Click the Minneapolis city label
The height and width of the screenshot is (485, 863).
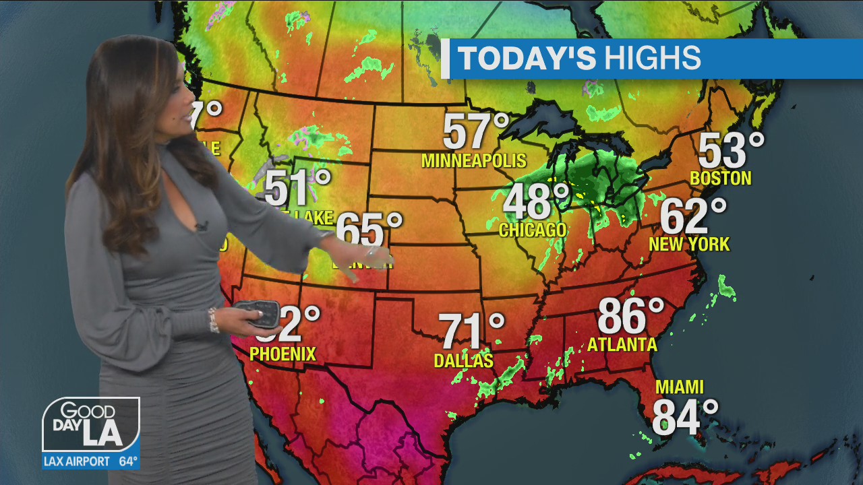coord(473,161)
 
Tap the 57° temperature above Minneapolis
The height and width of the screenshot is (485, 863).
coord(475,132)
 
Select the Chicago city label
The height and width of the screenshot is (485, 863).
coord(533,230)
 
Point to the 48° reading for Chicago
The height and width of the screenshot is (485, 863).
coord(537,201)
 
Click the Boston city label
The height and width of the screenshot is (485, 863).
coord(721,179)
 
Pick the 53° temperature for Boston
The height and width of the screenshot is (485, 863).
coord(731,150)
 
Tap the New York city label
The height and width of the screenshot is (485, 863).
coord(689,244)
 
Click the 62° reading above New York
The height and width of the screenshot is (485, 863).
coord(692,216)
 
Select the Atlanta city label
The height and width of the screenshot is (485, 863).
coord(622,345)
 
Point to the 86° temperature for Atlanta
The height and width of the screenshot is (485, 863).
coord(630,315)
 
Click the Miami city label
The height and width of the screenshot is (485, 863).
coord(680,387)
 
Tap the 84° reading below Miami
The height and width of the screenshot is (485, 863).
coord(684,417)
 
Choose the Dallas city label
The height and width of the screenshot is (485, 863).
coord(463,361)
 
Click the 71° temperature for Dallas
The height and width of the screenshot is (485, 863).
coord(471,331)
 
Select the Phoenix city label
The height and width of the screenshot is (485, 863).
coord(282,354)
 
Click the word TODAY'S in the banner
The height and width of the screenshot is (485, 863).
coord(527,59)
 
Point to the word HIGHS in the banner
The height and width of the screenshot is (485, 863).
coord(652,59)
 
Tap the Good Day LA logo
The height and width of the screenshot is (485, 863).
coord(91,425)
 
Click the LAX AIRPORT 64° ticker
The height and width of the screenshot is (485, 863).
coord(91,461)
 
